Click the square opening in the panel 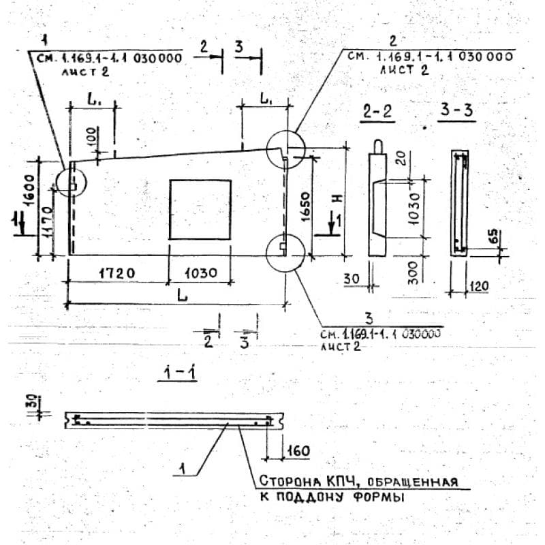[x=200, y=209]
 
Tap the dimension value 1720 [x=115, y=272]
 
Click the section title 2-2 [x=378, y=113]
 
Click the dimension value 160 [x=298, y=451]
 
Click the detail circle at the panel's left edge [x=70, y=182]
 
